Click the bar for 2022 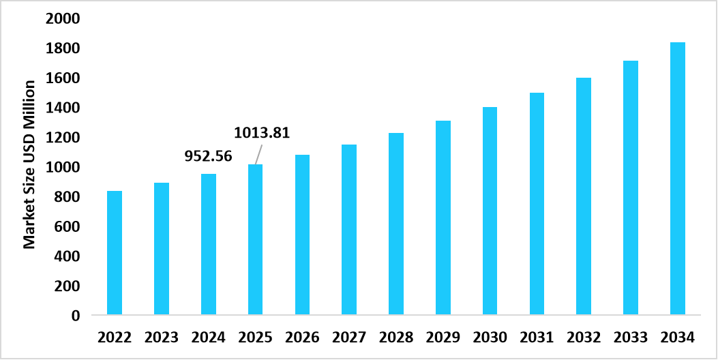coord(115,253)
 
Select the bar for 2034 coord(677,179)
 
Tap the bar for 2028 coord(395,224)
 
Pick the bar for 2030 coord(490,211)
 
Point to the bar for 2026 coord(302,235)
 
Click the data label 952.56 coord(209,156)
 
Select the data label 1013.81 coord(263,132)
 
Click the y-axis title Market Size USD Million coord(29,164)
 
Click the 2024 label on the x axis coord(209,337)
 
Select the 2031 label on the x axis coord(537,337)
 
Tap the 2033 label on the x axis coord(630,337)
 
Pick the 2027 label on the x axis coord(349,337)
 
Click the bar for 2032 coord(583,196)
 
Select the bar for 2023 coord(162,249)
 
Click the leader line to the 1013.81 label coord(258,154)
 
